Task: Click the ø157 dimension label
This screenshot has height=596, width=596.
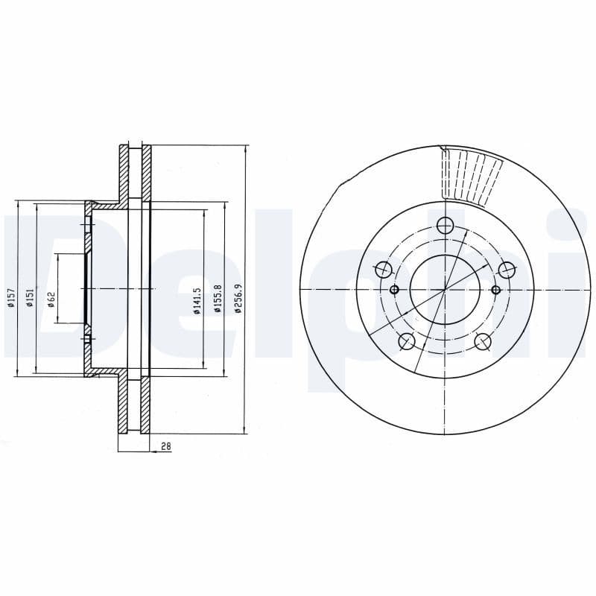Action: point(11,298)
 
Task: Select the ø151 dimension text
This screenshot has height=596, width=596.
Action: point(31,298)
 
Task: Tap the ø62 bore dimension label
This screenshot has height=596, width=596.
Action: point(51,298)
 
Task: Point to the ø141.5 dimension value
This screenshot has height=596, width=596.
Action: point(197,300)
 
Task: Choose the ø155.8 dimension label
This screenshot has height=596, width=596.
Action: point(218,299)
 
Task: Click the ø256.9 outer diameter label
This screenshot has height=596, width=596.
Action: point(238,299)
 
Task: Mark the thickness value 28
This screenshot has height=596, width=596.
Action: point(166,446)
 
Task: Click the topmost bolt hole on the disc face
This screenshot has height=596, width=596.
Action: point(446,225)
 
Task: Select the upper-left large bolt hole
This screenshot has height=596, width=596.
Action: point(384,270)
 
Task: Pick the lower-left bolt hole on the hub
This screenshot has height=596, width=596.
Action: point(407,341)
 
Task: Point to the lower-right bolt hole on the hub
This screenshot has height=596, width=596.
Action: point(484,341)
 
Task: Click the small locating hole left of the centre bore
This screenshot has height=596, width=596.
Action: point(395,290)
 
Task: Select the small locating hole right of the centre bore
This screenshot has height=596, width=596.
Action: point(496,290)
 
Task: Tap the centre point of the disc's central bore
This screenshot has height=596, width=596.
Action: point(446,289)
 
